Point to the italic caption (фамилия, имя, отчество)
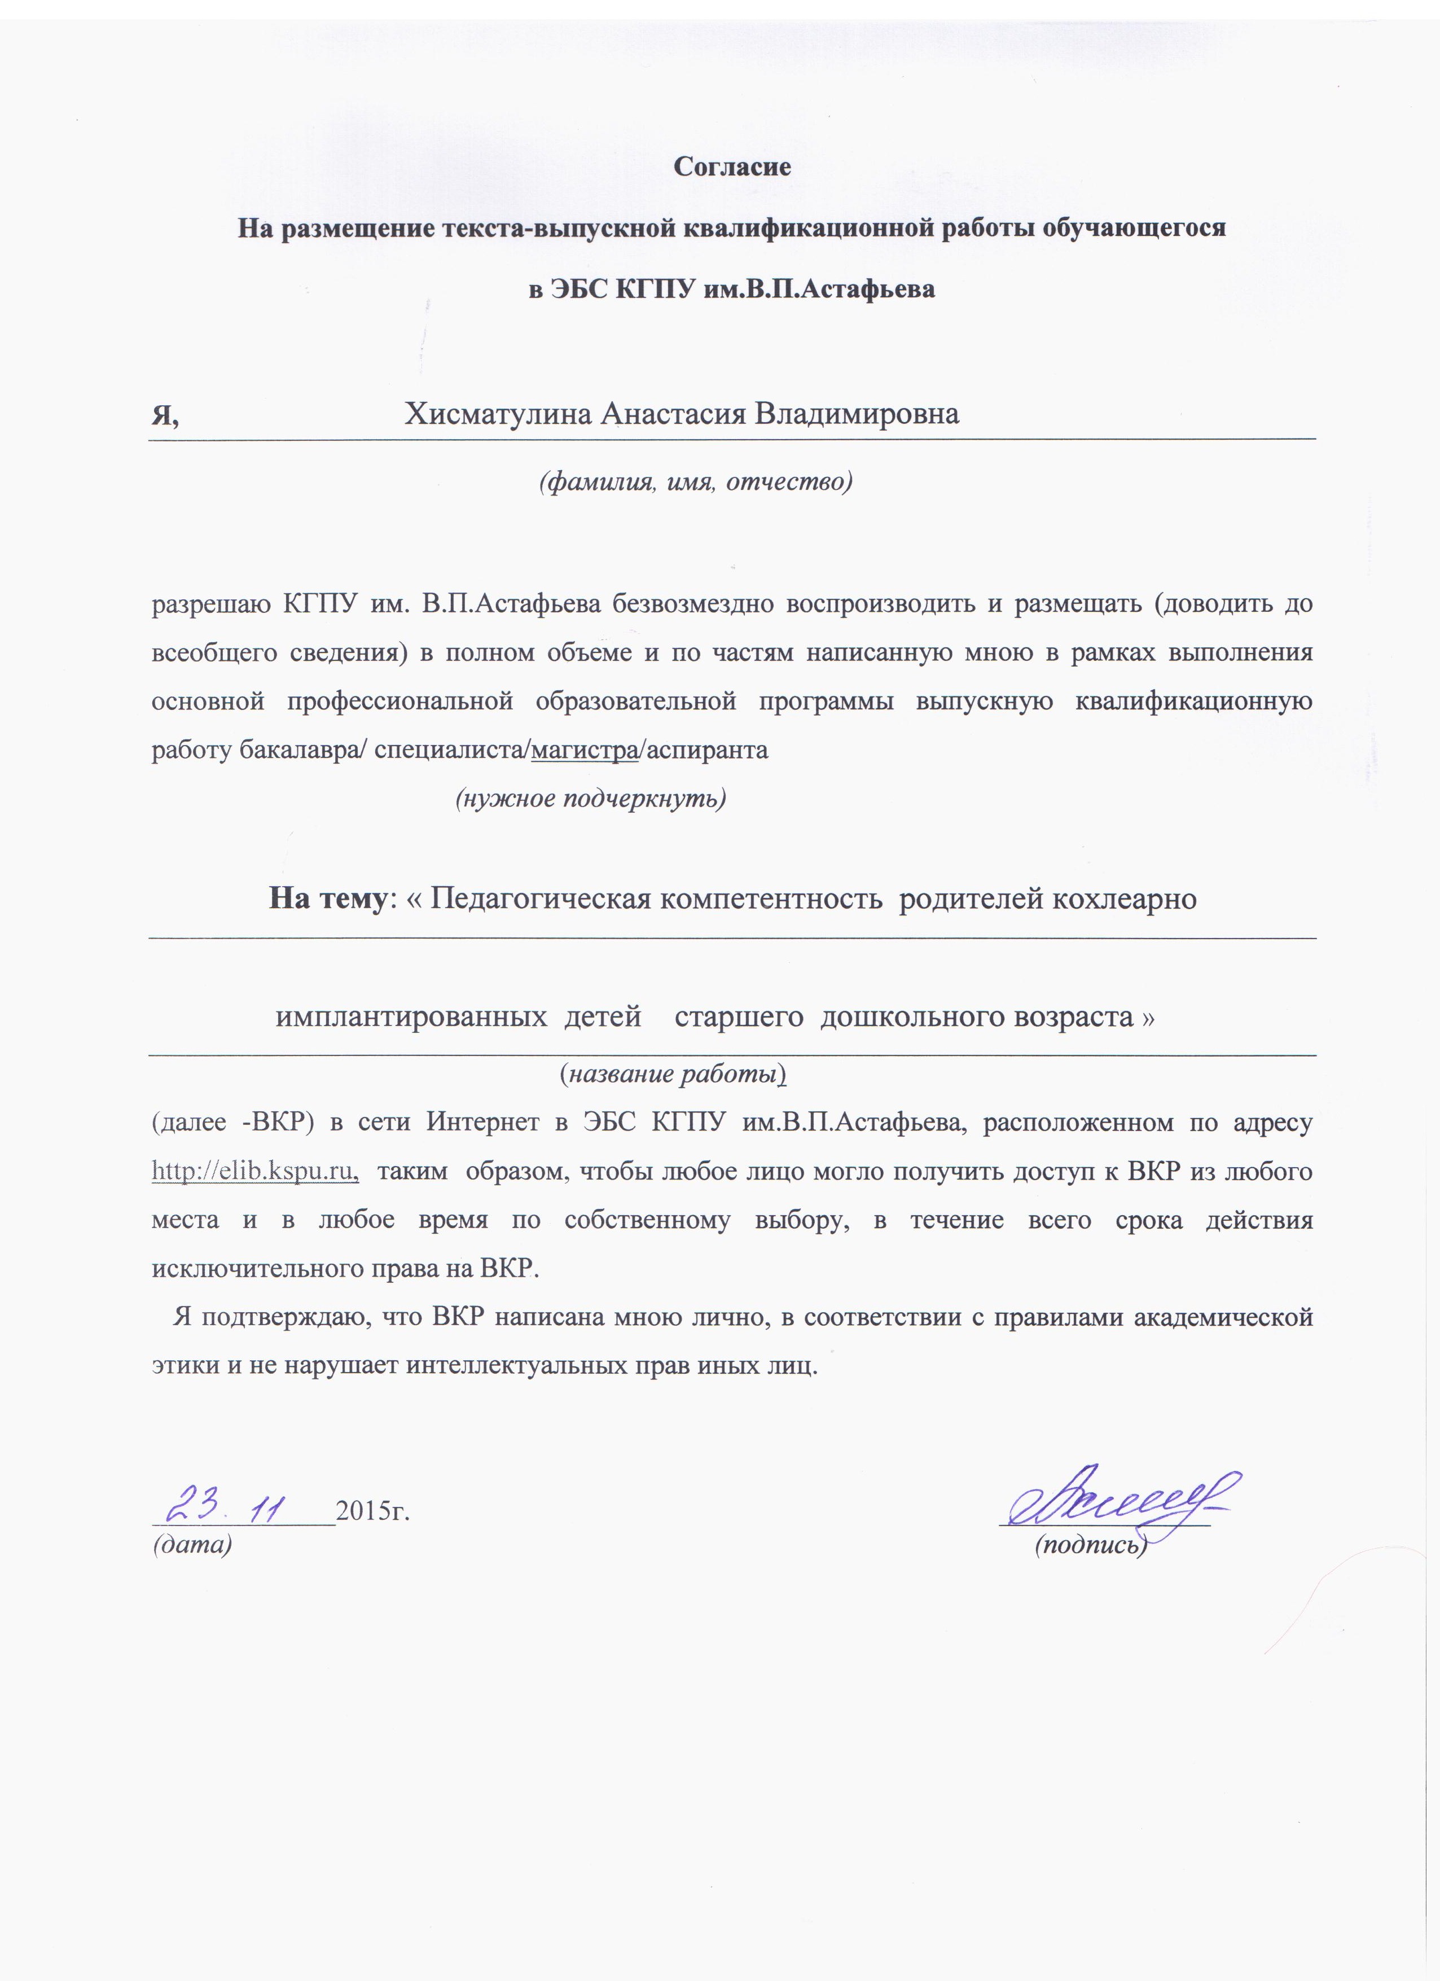[x=695, y=481]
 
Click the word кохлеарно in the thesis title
[x=1125, y=898]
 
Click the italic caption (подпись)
[x=1090, y=1545]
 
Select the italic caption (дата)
[x=192, y=1544]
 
